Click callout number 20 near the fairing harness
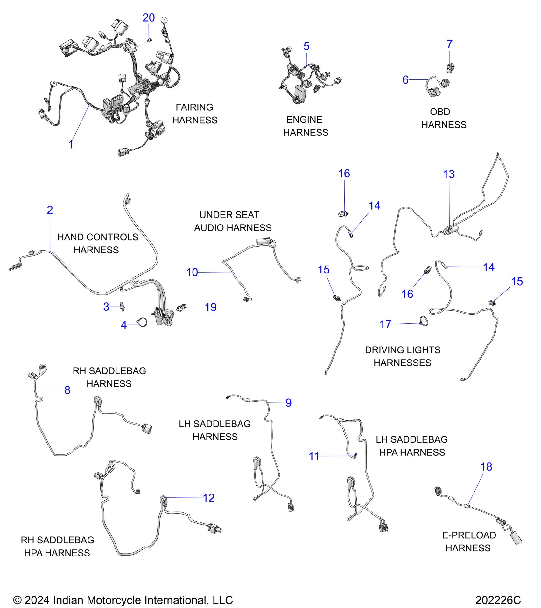(x=148, y=18)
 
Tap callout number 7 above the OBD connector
(x=449, y=44)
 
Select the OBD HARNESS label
(x=444, y=118)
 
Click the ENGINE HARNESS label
(x=305, y=126)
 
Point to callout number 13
(x=449, y=174)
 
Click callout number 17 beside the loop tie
(x=385, y=324)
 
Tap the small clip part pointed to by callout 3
(x=123, y=307)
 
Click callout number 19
(x=211, y=307)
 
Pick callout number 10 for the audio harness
(x=192, y=272)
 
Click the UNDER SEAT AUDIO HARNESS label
(x=233, y=221)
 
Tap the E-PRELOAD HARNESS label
(x=469, y=542)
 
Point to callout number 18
(x=486, y=466)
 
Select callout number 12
(x=209, y=498)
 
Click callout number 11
(x=314, y=456)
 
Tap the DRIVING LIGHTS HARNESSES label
(x=403, y=356)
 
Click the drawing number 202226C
(x=498, y=600)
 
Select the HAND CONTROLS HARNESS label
(x=97, y=244)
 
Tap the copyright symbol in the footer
(x=17, y=600)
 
